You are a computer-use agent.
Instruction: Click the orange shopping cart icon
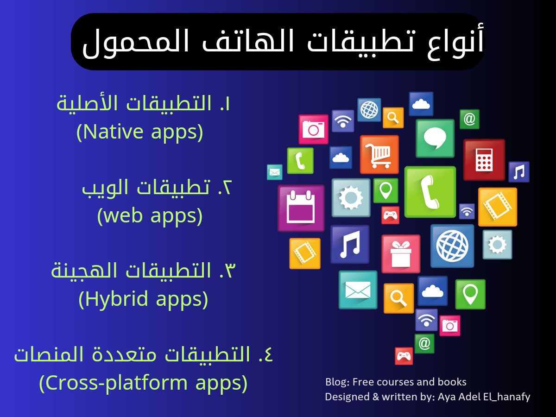(379, 154)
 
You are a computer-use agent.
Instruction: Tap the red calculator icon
(484, 160)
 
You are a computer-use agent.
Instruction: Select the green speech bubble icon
(435, 138)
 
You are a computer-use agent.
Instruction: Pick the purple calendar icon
(301, 208)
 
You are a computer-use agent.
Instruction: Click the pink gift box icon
(401, 254)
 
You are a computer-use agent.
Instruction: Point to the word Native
(113, 132)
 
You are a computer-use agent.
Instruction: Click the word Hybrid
(116, 299)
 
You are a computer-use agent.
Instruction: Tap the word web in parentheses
(123, 216)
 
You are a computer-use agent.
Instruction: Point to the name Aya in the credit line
(446, 397)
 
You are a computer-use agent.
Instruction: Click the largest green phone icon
(430, 192)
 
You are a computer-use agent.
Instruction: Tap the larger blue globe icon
(452, 246)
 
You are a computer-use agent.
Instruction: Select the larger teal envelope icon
(358, 290)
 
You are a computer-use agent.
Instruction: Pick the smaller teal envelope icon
(275, 172)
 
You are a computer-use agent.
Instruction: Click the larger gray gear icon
(351, 197)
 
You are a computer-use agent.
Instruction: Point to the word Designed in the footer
(347, 397)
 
